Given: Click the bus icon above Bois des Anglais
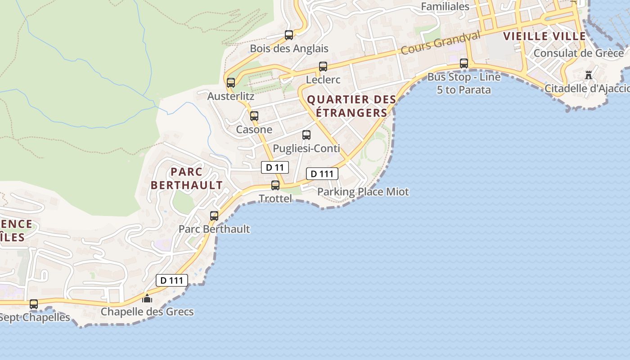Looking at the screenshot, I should tap(289, 35).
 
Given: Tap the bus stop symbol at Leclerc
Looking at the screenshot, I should tap(323, 67).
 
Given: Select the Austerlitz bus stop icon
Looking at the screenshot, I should tap(231, 82).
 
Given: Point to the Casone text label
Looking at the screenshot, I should tap(254, 130).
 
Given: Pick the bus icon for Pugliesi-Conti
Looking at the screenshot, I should tap(306, 135).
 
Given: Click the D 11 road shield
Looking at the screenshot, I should tap(274, 167).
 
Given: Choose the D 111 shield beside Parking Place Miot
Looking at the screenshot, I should tap(322, 174).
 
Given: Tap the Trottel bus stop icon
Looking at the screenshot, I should tap(275, 185).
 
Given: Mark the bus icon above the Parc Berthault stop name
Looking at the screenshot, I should tap(214, 216).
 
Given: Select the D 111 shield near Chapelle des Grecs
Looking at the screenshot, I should tap(171, 280).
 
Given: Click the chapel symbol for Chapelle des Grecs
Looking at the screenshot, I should tap(147, 298).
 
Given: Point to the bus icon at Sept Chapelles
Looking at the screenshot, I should tap(34, 304).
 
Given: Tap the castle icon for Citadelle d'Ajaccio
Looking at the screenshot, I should tap(589, 75).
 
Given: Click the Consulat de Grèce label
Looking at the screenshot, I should tap(578, 53).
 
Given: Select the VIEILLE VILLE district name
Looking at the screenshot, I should tap(544, 36).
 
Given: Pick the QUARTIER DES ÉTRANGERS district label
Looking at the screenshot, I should tap(351, 106).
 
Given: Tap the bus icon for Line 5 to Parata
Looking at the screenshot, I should tap(464, 63).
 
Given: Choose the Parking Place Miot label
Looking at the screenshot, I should tap(363, 192).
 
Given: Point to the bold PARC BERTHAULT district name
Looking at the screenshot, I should tap(186, 178).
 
